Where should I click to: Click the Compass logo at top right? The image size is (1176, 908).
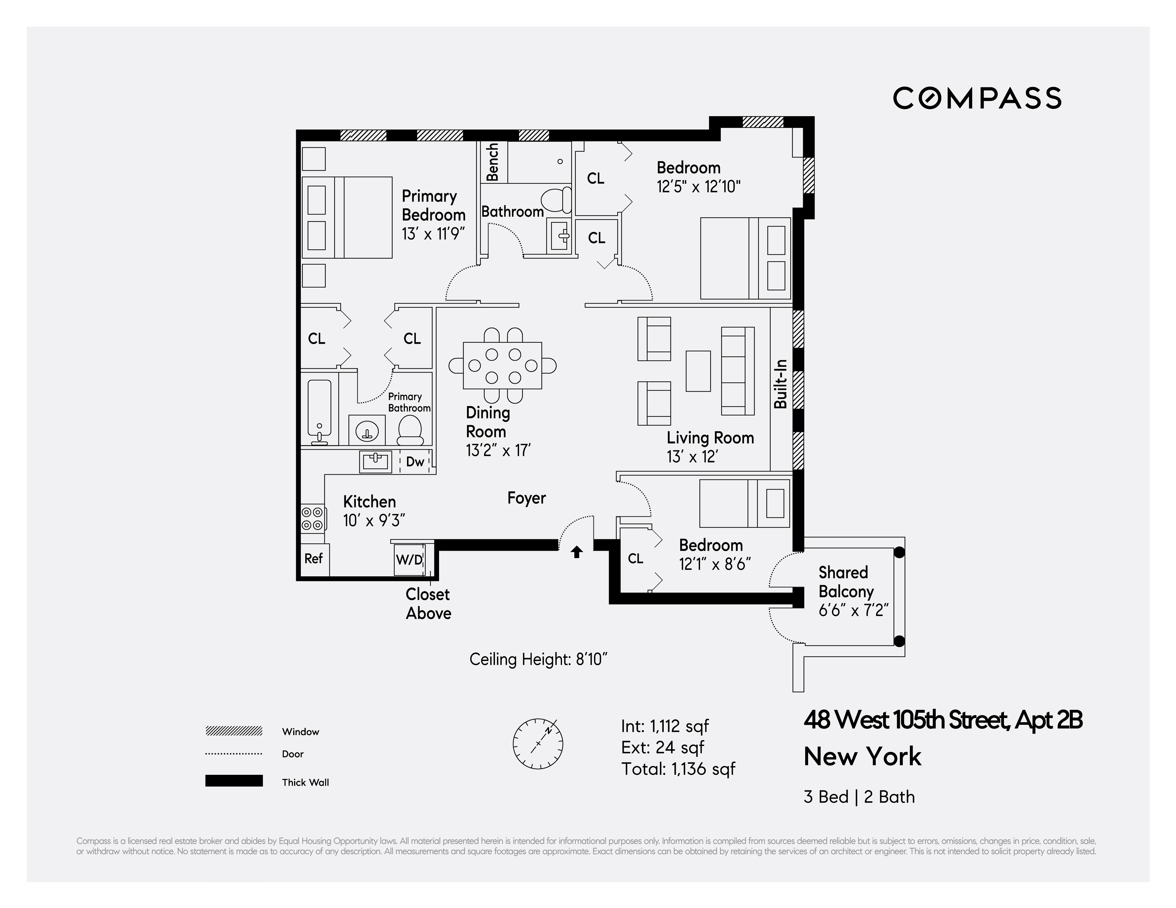point(977,98)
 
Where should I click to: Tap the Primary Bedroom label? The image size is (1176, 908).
point(433,205)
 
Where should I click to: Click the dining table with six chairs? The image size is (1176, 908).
point(502,365)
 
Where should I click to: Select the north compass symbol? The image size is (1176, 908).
point(538,743)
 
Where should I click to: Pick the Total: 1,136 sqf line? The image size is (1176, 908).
point(678,769)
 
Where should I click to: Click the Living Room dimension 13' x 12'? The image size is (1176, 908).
point(692,457)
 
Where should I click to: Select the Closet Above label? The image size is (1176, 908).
point(428,604)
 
